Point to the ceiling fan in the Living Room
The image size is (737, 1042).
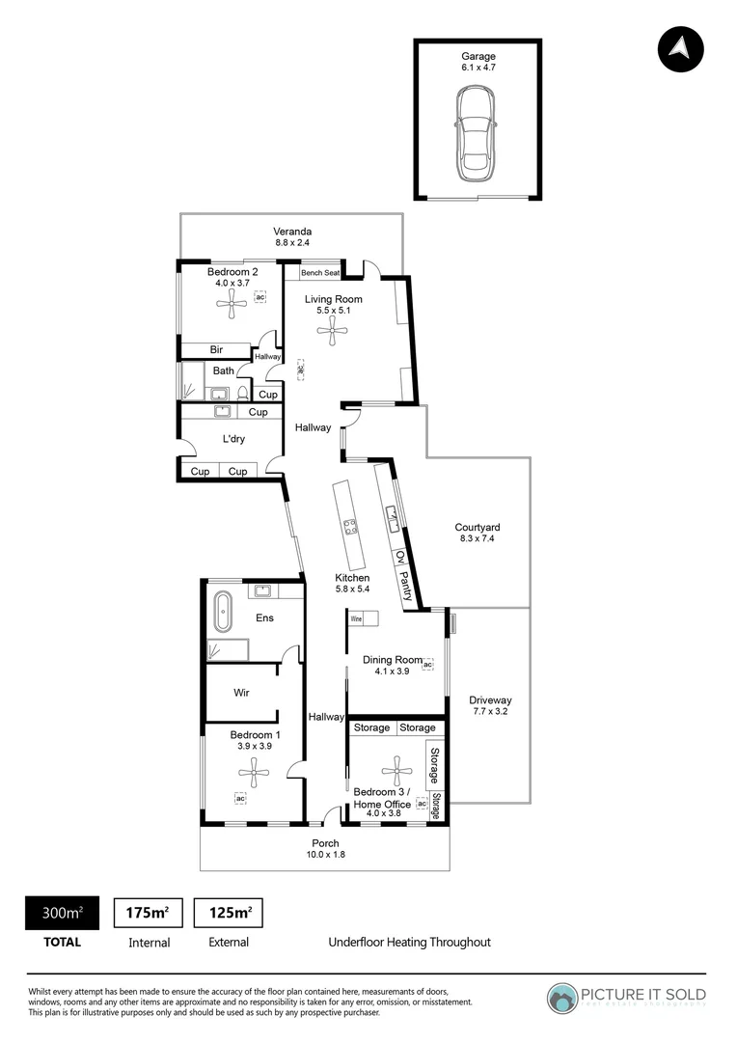(x=333, y=333)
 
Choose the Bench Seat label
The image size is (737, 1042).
(x=319, y=273)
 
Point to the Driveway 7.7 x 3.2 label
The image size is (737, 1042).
(x=490, y=706)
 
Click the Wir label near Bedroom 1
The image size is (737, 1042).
(x=242, y=693)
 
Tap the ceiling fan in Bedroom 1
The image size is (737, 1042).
(x=254, y=770)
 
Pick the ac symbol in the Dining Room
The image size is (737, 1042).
(x=427, y=665)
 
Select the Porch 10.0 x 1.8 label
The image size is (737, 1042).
(x=325, y=849)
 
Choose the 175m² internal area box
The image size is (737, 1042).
(x=149, y=913)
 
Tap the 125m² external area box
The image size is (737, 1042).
(x=229, y=913)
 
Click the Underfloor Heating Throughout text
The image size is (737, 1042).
(x=409, y=943)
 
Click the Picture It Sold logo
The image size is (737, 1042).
(x=627, y=998)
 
